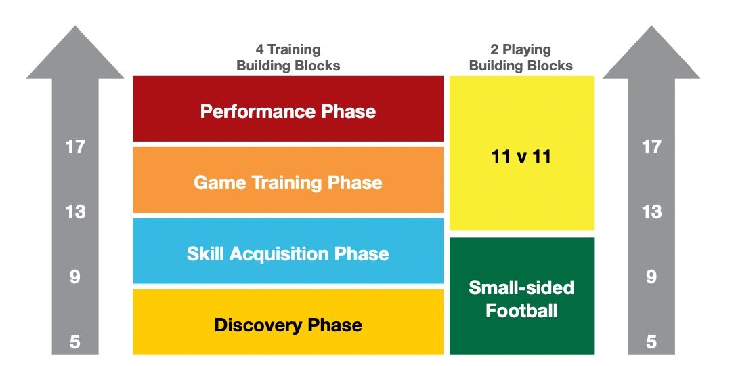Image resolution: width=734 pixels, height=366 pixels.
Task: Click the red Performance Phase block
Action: click(288, 108)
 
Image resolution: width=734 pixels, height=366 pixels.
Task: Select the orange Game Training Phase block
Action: click(288, 180)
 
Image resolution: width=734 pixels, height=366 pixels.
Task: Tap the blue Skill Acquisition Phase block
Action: click(288, 251)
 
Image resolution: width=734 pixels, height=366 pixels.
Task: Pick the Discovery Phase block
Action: click(288, 322)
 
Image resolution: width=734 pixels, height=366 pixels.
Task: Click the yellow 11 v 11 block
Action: click(521, 153)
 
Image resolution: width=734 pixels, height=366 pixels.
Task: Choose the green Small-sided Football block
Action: click(521, 296)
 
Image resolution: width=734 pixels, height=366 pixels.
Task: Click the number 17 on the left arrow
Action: click(75, 147)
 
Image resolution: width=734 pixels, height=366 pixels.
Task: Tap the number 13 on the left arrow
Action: click(75, 212)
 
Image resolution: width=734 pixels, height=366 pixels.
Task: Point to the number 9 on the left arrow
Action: click(75, 277)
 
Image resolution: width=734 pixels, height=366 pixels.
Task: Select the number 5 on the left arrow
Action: click(75, 342)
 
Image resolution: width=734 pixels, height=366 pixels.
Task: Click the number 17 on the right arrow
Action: click(651, 147)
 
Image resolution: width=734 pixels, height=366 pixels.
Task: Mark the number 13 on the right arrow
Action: click(651, 212)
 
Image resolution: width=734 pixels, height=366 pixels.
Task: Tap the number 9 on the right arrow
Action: click(651, 277)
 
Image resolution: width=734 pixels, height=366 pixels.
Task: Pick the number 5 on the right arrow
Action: click(651, 342)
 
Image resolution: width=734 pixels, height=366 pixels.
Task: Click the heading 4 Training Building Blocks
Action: click(288, 58)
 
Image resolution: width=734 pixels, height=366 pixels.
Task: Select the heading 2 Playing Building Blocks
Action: click(521, 58)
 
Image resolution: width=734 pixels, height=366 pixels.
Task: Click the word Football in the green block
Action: click(521, 310)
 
